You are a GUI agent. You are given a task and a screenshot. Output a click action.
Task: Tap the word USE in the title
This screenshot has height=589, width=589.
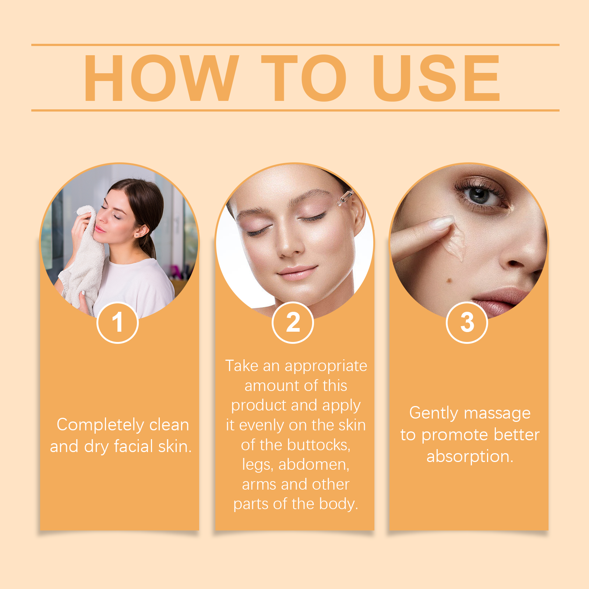coord(436,78)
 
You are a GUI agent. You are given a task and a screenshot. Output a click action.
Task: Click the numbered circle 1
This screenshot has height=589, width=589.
coord(117,322)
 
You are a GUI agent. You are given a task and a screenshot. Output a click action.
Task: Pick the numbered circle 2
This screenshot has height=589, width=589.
coord(293,322)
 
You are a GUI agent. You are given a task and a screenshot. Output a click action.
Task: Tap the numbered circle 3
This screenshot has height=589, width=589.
coord(467,322)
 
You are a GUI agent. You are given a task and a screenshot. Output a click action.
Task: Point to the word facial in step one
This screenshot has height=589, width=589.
coord(133,446)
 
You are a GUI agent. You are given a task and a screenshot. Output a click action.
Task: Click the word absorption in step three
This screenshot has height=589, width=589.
coord(470,457)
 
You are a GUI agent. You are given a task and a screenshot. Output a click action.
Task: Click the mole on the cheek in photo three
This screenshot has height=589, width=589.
coord(449,281)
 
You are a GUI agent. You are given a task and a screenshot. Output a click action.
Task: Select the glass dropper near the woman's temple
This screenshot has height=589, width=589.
coord(345,197)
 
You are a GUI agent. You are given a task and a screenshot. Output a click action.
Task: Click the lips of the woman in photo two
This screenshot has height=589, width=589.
coord(297,273)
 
